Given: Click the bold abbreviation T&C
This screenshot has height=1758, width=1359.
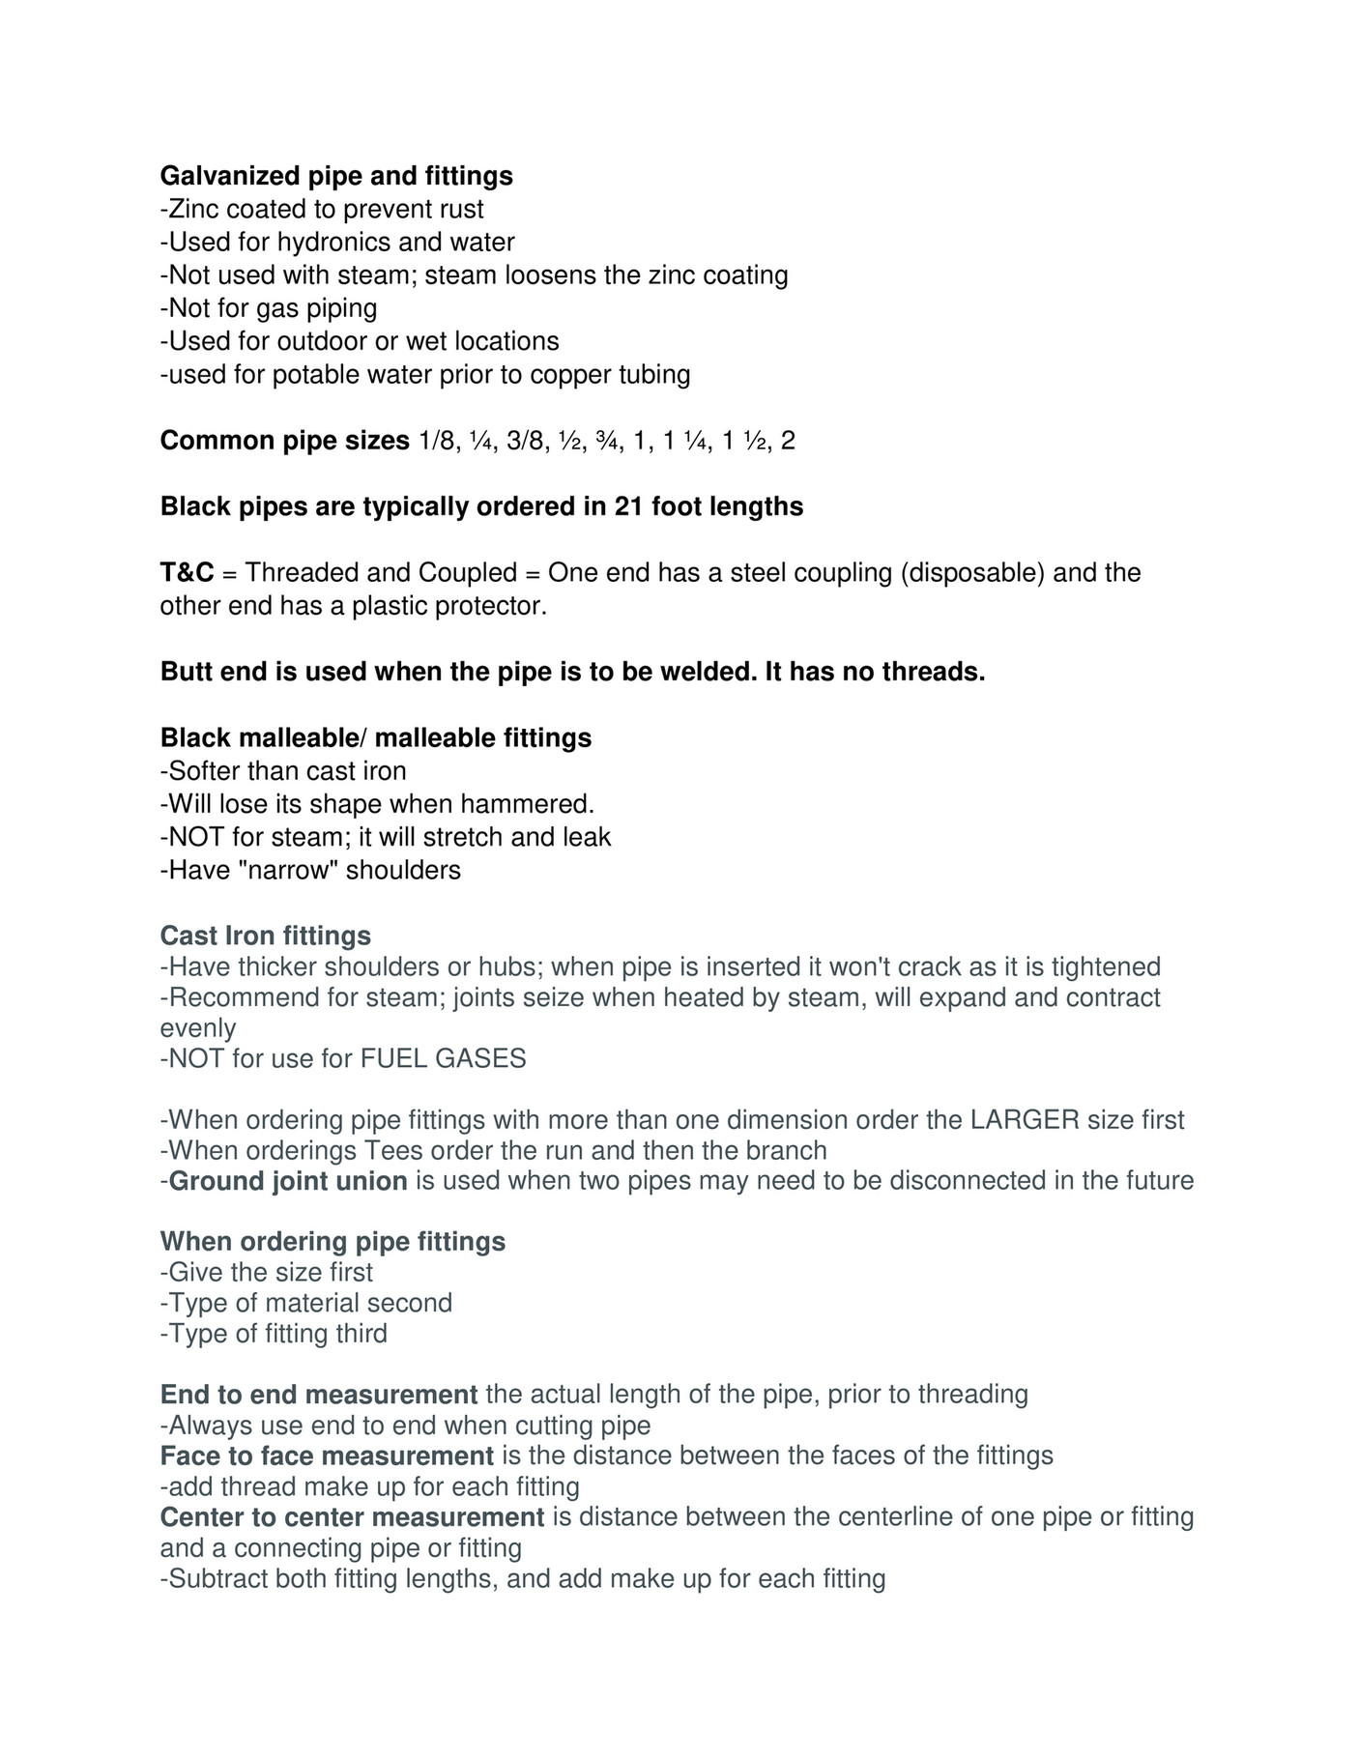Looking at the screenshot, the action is pyautogui.click(x=187, y=572).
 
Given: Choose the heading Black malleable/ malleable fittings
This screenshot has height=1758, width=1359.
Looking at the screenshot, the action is pyautogui.click(x=376, y=737).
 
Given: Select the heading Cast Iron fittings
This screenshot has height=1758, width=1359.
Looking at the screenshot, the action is pyautogui.click(x=266, y=936).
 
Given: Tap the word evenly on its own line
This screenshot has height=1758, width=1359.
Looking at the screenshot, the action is pyautogui.click(x=198, y=1027).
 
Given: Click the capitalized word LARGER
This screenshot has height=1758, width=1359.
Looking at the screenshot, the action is pyautogui.click(x=1025, y=1120).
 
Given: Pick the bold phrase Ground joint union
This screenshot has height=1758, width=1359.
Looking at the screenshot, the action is pyautogui.click(x=288, y=1181).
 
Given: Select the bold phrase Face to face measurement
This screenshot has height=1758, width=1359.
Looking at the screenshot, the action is pyautogui.click(x=328, y=1455).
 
